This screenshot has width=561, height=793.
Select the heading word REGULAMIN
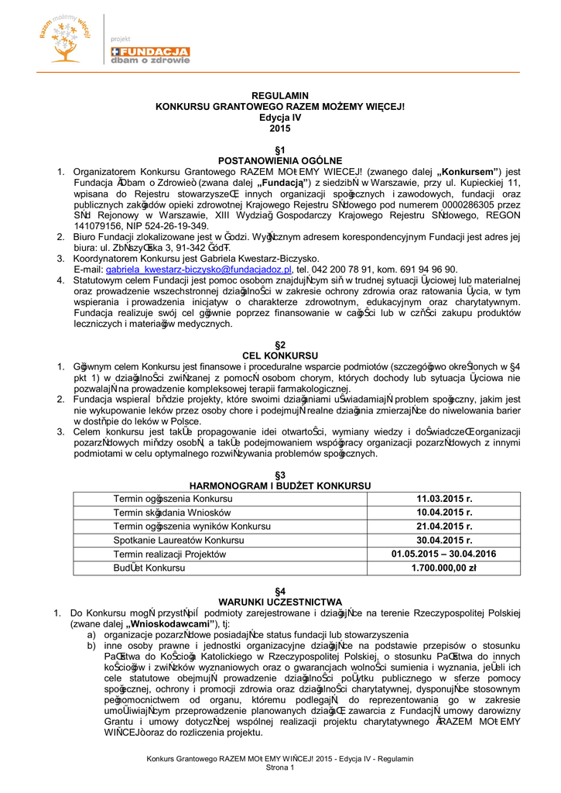click(280, 96)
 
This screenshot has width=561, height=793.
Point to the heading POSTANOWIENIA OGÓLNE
click(280, 160)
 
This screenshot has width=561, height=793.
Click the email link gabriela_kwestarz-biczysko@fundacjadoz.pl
click(200, 269)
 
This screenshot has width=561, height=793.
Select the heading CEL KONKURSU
click(280, 355)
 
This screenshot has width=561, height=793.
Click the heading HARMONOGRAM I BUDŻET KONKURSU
click(280, 486)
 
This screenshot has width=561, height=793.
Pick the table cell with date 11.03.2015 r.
click(444, 499)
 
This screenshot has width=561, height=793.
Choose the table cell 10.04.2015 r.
click(444, 513)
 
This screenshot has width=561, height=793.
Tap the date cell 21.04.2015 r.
click(444, 527)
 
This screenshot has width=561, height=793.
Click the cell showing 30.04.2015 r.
click(444, 541)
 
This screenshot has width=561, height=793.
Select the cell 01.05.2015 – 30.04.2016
click(444, 554)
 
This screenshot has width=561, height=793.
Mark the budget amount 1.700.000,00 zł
click(444, 568)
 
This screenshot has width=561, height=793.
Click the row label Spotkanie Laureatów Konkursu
click(179, 541)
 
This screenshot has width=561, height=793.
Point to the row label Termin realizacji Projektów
click(169, 554)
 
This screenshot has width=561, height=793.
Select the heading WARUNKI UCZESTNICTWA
click(280, 601)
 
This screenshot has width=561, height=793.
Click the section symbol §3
click(280, 475)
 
